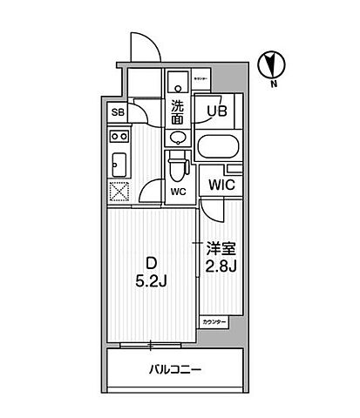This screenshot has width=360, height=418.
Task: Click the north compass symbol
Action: [x=271, y=63]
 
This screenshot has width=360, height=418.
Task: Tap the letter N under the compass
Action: [x=272, y=84]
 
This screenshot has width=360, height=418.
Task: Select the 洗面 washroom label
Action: [x=177, y=111]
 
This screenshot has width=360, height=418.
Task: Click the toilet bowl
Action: [x=178, y=163]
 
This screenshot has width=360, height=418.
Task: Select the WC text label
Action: [x=178, y=192]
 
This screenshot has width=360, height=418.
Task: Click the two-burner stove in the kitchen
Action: [x=119, y=137]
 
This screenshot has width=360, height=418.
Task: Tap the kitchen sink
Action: [x=119, y=161]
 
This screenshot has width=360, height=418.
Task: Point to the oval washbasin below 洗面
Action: [x=177, y=137]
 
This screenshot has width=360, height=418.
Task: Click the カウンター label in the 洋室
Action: [x=215, y=322]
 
